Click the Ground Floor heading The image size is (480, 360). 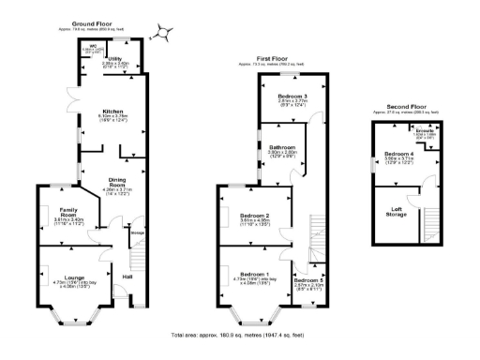pos(98,22)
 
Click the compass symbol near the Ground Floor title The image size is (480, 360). pos(165,32)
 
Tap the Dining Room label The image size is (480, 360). pos(119,179)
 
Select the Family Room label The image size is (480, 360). pos(62,211)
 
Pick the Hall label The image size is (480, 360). pos(127,277)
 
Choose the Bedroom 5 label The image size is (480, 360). pos(307,280)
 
